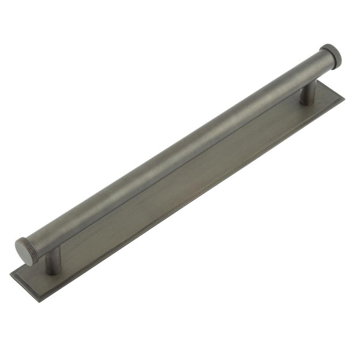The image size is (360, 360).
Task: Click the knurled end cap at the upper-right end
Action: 331,55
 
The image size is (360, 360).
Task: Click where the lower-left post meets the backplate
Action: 53,271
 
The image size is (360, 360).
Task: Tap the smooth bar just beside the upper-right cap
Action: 315,66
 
